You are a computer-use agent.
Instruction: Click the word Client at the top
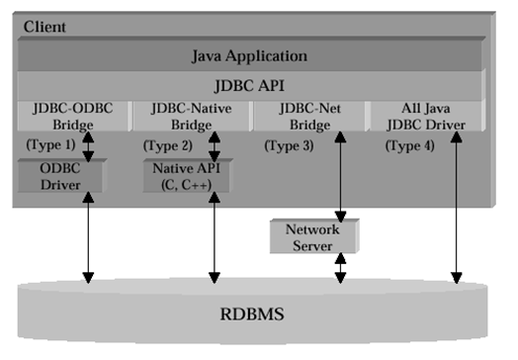44,27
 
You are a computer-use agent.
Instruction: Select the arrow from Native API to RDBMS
213,237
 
